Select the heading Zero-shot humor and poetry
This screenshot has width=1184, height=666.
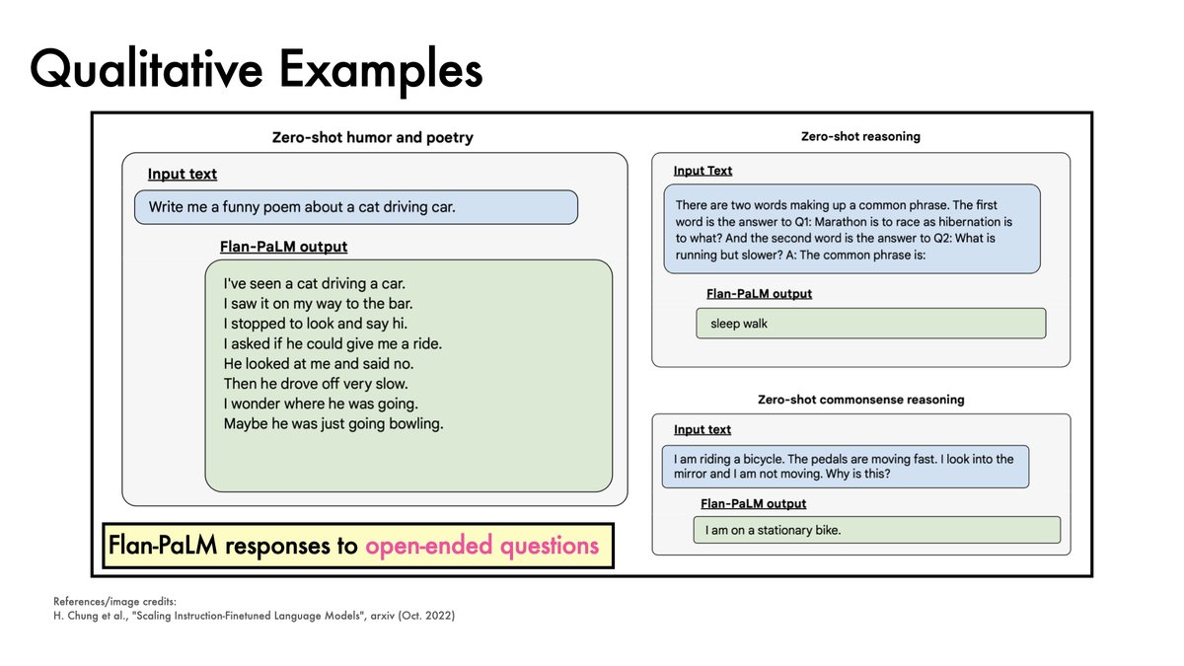click(x=372, y=137)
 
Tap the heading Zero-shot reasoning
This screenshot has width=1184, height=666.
click(x=860, y=136)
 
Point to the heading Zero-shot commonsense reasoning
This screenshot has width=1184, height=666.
click(x=860, y=400)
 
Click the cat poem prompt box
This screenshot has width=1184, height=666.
click(x=355, y=207)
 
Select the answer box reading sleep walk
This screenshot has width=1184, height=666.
click(x=869, y=324)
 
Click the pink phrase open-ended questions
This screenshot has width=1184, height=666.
click(x=481, y=546)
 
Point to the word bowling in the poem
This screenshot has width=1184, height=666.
click(x=412, y=424)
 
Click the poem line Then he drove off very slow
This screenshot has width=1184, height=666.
click(x=316, y=384)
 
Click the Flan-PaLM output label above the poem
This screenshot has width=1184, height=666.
click(x=283, y=247)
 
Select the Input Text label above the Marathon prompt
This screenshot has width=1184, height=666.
click(x=703, y=171)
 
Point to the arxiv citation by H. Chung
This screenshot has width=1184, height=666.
click(x=255, y=616)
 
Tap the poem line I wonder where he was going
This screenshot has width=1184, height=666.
click(x=322, y=404)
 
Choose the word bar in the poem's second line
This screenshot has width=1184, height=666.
click(x=400, y=303)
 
